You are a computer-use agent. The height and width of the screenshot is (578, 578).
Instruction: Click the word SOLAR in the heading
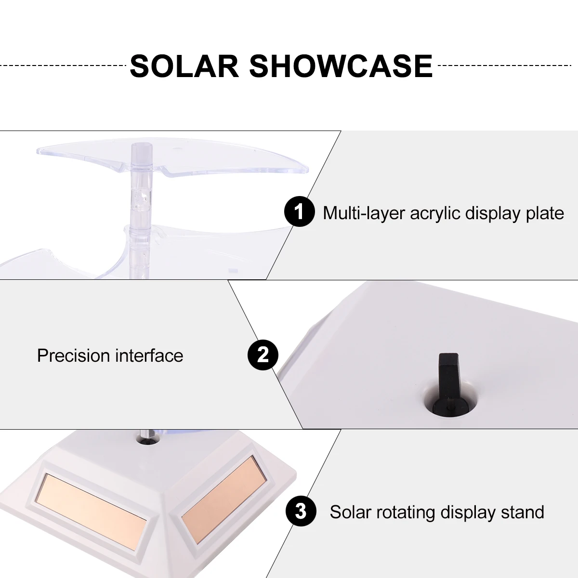tap(184, 66)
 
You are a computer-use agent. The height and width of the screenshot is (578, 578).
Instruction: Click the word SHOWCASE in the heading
tap(341, 66)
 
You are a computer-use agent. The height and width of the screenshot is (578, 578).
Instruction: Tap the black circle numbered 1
tap(299, 211)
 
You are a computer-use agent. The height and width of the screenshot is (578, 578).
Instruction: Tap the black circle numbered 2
tap(263, 355)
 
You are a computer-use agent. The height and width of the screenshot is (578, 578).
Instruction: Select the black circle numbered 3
tap(301, 512)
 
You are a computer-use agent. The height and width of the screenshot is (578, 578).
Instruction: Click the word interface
tap(149, 355)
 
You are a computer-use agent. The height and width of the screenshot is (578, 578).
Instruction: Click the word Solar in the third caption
tap(351, 512)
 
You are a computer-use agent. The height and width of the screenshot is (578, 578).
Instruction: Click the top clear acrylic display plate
tap(172, 158)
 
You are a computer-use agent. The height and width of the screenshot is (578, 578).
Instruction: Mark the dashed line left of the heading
tap(63, 66)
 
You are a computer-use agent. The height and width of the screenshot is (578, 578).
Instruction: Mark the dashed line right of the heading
tap(505, 66)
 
